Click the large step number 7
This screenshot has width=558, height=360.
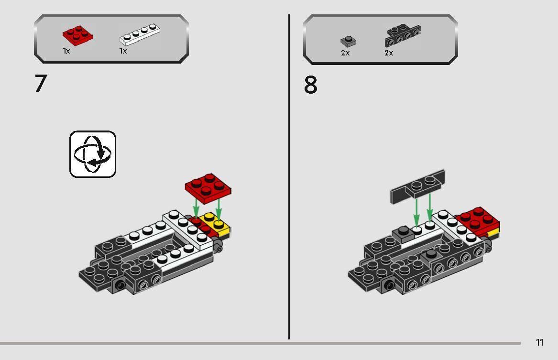[x=41, y=84]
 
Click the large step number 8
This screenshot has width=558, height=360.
[x=310, y=86]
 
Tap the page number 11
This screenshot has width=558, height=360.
[x=539, y=342]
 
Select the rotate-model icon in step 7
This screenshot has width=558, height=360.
[x=93, y=154]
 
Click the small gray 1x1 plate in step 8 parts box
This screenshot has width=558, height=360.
[x=348, y=41]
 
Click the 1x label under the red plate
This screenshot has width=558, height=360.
[x=66, y=51]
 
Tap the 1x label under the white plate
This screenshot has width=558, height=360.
[x=123, y=51]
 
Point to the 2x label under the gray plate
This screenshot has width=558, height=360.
[x=345, y=53]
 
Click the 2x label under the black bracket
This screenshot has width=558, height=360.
[x=389, y=53]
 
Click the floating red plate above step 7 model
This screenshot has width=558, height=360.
[x=208, y=187]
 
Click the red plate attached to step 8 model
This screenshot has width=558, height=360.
[x=478, y=220]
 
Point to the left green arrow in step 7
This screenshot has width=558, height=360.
[x=196, y=209]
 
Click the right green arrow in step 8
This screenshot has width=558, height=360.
[x=429, y=206]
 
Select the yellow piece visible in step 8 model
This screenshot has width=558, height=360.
[x=493, y=233]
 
